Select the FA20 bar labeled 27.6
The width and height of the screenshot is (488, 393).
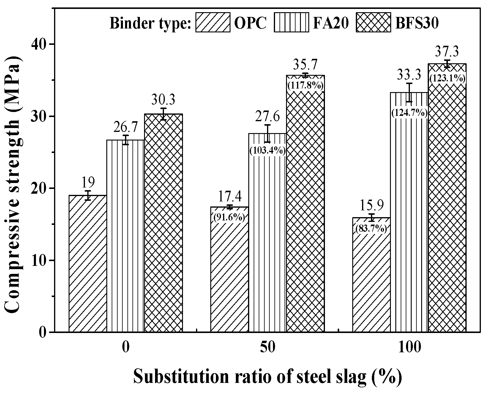(267, 238)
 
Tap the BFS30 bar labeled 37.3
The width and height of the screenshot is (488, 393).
(447, 208)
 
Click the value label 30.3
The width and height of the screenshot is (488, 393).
(163, 100)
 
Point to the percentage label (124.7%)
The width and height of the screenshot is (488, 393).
(409, 113)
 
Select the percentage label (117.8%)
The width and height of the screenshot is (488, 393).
(305, 86)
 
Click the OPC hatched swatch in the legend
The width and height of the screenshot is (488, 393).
(213, 22)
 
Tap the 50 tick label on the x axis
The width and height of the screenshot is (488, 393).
(268, 347)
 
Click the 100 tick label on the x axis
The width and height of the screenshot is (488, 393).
(409, 347)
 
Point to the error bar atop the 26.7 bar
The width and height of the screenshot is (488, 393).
(126, 140)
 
